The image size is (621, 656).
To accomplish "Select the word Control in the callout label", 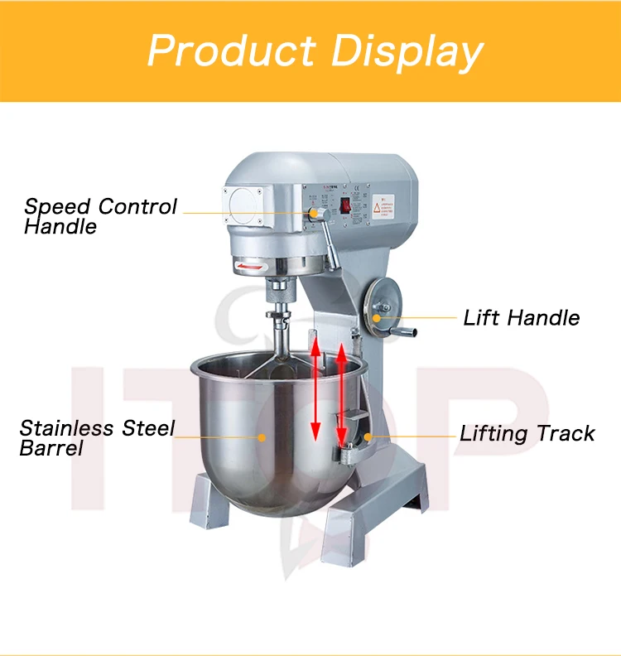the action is [138, 206].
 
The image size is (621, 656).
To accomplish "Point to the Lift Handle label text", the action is [521, 317].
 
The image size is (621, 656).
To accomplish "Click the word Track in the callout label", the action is [566, 433].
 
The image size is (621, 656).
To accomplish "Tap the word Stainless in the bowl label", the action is [67, 428].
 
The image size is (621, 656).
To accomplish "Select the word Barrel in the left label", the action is [51, 448].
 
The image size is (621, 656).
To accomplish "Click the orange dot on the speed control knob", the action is [314, 213].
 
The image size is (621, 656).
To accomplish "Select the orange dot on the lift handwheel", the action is [377, 316].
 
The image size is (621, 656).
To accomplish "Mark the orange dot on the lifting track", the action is [365, 435].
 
